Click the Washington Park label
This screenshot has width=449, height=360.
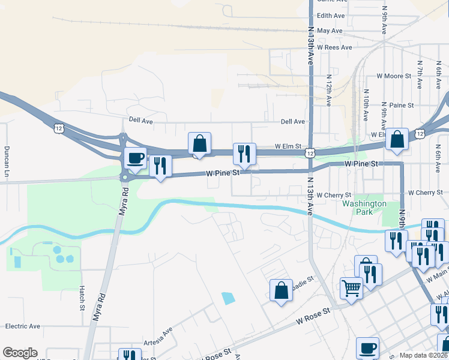[364, 208]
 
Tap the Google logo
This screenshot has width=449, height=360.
[20, 353]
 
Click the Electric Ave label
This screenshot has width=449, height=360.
[22, 326]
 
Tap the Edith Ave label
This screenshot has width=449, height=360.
[331, 16]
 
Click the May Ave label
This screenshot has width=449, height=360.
[330, 31]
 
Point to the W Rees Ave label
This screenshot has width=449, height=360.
[334, 47]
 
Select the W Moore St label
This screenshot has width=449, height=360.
[393, 76]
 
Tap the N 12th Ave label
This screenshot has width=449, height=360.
[329, 90]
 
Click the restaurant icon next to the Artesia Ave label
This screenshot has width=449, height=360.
[129, 355]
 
